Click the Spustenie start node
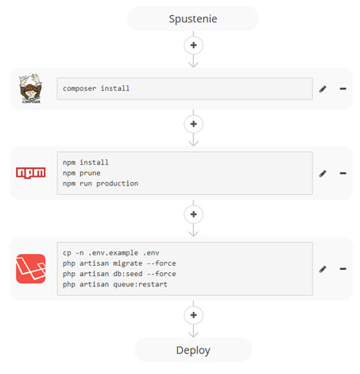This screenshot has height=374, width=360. [193, 18]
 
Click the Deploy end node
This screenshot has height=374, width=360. [193, 350]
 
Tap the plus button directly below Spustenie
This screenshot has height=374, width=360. [193, 45]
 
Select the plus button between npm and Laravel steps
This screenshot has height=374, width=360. [193, 214]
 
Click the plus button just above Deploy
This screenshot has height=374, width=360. [193, 315]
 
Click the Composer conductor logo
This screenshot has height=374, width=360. [30, 88]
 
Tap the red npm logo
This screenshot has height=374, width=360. [31, 173]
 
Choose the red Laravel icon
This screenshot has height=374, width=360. [31, 269]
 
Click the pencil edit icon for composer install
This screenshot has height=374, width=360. [323, 89]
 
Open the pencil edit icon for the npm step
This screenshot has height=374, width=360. [323, 173]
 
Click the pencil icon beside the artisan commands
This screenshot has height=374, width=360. [323, 269]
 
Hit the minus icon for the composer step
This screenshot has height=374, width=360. [343, 88]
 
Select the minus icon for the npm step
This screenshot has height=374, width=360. [343, 173]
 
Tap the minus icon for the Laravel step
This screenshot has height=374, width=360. [343, 269]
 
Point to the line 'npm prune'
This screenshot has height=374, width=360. [82, 173]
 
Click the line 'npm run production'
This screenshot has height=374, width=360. [100, 184]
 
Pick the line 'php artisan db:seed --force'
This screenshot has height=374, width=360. [119, 274]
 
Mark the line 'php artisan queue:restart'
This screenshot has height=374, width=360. [115, 284]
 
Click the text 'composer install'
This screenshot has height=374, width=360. [96, 88]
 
